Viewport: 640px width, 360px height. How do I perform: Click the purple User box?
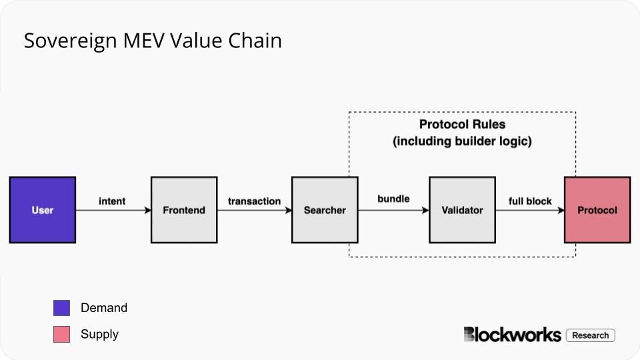pos(43,210)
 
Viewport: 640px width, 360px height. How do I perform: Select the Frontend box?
pos(184,210)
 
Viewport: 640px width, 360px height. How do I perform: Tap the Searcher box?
pos(325,210)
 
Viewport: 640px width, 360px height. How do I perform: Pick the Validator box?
pos(462,210)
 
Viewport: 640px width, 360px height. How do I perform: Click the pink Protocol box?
pos(597,210)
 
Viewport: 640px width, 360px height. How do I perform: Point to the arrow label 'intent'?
pos(112,201)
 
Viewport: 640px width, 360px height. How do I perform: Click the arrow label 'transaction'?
pos(254,201)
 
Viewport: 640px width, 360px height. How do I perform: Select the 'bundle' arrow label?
pos(393,199)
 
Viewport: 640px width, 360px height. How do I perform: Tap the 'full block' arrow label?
pos(530,201)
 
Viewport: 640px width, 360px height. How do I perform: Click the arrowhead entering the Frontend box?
pos(147,210)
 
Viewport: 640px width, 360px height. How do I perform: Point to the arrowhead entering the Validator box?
pos(425,210)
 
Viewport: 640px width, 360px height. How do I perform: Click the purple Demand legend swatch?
pos(61,308)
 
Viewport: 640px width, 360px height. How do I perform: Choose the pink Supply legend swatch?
pos(61,335)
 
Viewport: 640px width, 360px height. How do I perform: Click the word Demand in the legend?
pos(103,308)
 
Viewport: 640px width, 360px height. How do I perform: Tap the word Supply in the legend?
pos(99,334)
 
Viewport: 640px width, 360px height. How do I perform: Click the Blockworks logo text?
pos(512,335)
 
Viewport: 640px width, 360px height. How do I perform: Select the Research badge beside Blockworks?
pos(590,335)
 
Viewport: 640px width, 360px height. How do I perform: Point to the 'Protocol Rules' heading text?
pos(462,125)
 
